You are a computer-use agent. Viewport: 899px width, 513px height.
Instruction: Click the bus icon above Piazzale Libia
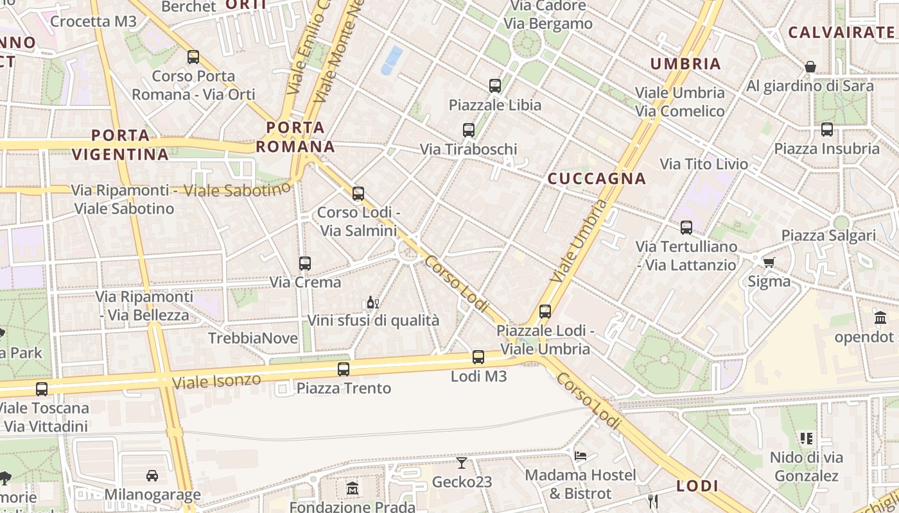tap(494, 85)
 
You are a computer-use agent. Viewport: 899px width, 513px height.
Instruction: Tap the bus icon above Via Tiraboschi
tap(469, 130)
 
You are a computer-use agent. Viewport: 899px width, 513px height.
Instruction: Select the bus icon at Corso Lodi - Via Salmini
tap(358, 193)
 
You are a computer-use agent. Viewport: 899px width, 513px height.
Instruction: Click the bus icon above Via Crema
tap(305, 263)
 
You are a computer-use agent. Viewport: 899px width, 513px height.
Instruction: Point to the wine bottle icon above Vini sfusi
tap(371, 302)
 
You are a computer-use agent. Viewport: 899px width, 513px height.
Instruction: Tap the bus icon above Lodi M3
tap(478, 357)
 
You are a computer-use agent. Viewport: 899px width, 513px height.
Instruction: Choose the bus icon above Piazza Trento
tap(344, 369)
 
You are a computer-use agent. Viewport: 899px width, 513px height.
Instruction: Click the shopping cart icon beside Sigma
tap(769, 262)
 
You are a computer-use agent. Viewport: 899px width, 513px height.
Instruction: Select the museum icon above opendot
tap(880, 317)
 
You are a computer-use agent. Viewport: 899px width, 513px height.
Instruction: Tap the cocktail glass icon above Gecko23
tap(462, 462)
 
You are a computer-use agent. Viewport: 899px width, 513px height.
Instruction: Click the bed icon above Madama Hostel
tap(580, 456)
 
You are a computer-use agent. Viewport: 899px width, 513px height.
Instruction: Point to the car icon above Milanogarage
tap(152, 475)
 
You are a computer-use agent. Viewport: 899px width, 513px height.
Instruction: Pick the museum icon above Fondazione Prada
tap(352, 489)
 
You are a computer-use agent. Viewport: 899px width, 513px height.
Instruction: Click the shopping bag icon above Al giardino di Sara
tap(810, 67)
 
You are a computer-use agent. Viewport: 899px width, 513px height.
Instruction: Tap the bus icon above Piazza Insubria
tap(827, 130)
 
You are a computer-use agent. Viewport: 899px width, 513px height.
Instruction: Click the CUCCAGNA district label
tap(597, 179)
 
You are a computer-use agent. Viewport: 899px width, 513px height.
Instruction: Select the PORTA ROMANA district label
tap(296, 137)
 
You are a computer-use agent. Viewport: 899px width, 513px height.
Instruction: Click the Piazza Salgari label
tap(828, 235)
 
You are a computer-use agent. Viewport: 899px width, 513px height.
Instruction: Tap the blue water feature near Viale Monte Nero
tap(391, 60)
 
